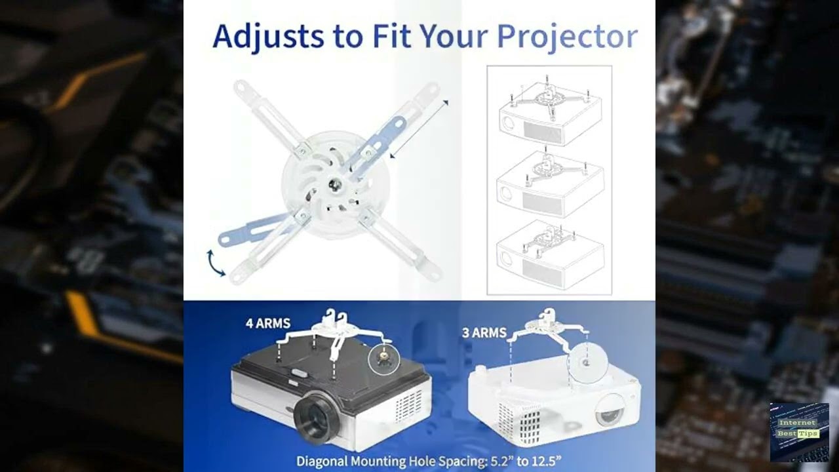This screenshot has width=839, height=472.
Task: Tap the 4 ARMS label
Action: tap(268, 323)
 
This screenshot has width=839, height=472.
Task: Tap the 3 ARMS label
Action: tap(484, 333)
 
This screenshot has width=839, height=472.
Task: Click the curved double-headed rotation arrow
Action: tap(214, 262)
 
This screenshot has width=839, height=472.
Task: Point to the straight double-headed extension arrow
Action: tap(419, 128)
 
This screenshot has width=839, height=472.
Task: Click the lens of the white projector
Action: tap(610, 412)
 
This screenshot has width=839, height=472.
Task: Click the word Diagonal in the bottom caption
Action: tap(322, 461)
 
